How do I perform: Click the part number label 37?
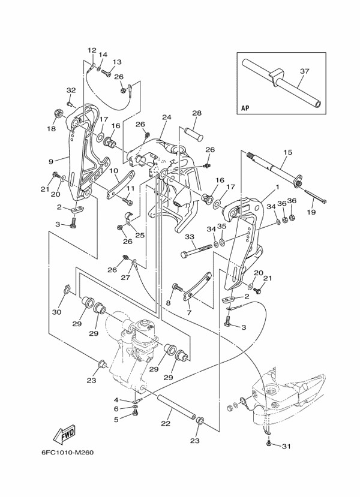coord(304,71)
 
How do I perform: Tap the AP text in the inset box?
coord(245,109)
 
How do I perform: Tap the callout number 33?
coord(190,237)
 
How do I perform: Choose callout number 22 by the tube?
coord(166,424)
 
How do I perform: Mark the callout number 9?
coord(51,161)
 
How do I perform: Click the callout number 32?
coord(71,90)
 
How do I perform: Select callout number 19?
coord(311,212)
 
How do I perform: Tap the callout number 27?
coord(126,278)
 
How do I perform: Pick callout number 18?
coord(51,128)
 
